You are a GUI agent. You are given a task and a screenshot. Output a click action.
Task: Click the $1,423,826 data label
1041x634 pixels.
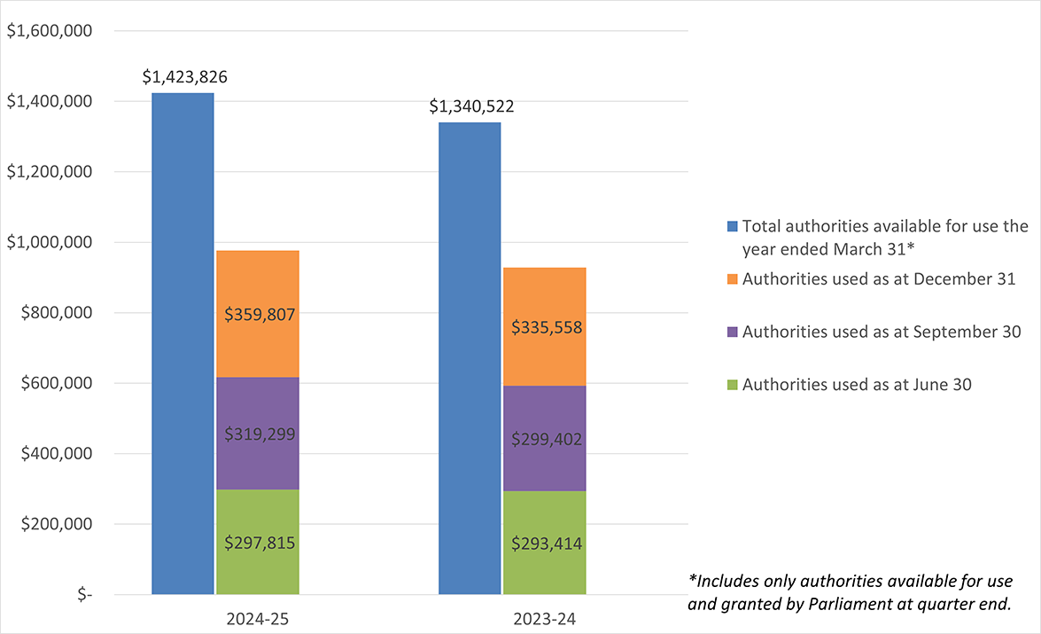click(184, 77)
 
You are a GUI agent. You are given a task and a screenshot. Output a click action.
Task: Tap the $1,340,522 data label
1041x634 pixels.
click(471, 107)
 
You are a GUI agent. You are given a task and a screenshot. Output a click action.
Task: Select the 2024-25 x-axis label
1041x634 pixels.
click(258, 619)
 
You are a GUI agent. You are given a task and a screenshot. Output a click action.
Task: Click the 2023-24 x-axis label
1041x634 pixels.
click(545, 619)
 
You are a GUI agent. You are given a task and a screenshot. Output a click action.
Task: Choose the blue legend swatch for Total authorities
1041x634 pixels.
click(731, 226)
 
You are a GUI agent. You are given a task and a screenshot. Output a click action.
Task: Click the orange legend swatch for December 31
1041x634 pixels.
click(731, 279)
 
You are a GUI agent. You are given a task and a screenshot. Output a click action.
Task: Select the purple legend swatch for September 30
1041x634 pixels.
click(731, 332)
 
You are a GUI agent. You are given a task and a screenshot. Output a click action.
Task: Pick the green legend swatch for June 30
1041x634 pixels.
click(731, 385)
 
